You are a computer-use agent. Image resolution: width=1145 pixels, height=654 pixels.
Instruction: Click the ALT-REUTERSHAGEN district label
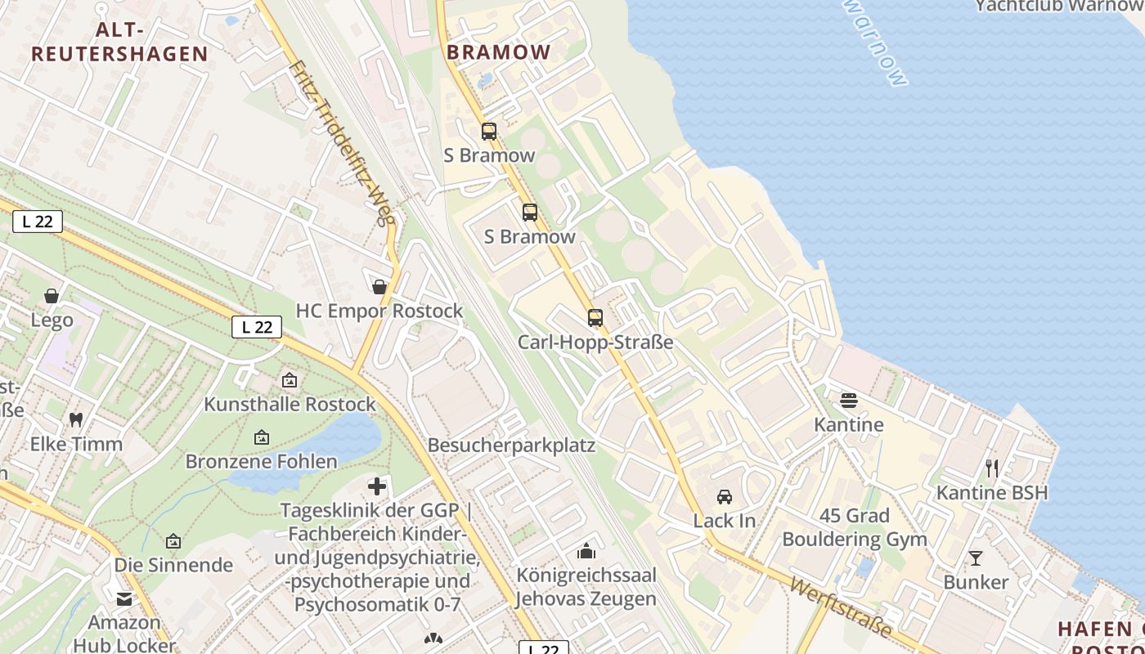point(119,43)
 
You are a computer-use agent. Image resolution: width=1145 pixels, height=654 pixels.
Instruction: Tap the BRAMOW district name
point(499,52)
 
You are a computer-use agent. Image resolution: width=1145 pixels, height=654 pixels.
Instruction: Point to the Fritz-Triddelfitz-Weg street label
point(337,144)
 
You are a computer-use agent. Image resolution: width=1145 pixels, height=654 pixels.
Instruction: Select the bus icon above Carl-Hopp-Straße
point(595,318)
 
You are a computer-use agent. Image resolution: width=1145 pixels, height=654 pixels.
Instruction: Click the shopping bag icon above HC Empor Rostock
point(379,287)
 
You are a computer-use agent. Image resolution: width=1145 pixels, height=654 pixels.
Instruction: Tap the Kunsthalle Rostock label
point(290,404)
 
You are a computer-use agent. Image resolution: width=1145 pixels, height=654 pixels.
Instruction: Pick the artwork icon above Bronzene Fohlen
point(262,438)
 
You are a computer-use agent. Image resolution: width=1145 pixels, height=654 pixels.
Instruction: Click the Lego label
point(52,320)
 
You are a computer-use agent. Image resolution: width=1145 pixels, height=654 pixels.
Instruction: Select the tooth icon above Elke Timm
point(76,420)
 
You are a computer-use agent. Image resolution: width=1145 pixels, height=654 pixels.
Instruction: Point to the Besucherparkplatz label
point(511,446)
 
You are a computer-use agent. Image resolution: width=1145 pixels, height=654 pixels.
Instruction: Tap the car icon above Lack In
point(725,496)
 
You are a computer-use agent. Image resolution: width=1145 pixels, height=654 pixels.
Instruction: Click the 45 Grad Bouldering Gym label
point(855,527)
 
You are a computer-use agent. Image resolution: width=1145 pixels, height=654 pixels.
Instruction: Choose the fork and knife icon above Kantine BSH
point(992,468)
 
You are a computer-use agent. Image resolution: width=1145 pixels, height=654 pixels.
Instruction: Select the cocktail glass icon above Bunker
point(976,558)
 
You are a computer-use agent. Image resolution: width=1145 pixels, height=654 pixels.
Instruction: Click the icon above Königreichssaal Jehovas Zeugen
point(586,551)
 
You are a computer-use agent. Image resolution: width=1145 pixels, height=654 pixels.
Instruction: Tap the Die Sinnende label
point(173,565)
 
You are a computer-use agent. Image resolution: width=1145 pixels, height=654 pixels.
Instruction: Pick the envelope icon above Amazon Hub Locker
point(124,599)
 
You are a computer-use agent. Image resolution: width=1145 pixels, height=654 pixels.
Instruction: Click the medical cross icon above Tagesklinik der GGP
point(377,487)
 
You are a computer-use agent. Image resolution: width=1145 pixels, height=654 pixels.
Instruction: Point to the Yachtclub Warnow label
point(1059,6)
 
